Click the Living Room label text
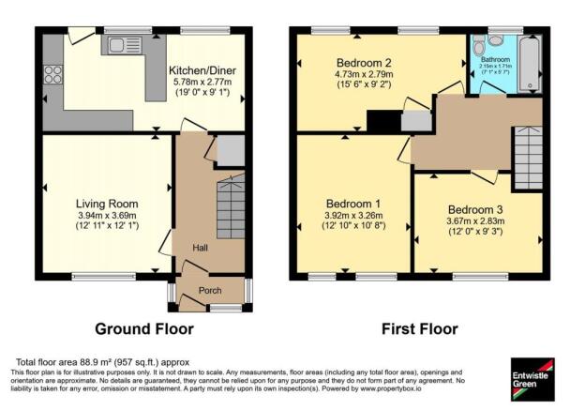click(107, 204)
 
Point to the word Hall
click(201, 248)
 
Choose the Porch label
click(210, 290)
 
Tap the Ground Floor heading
click(144, 329)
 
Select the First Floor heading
click(419, 329)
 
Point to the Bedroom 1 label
click(353, 204)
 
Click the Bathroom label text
click(496, 59)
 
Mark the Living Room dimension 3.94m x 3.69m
click(107, 216)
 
